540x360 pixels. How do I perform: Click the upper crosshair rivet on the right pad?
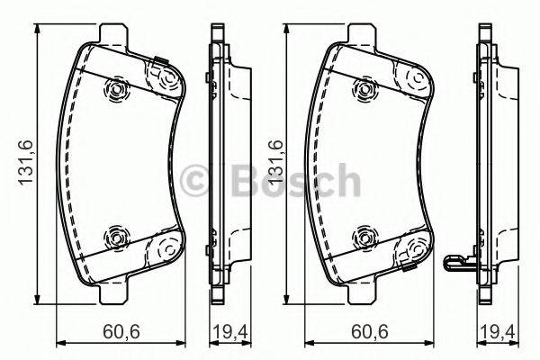(x=364, y=87)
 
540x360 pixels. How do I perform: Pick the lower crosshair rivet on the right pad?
(x=364, y=238)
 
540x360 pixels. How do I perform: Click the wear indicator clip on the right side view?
(x=461, y=263)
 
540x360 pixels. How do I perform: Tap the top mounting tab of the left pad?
(x=112, y=35)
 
